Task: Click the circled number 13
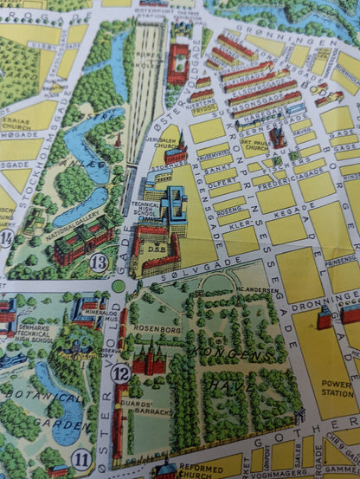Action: coord(98,262)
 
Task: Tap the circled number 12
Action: coord(121,373)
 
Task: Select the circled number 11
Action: coord(82,458)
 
